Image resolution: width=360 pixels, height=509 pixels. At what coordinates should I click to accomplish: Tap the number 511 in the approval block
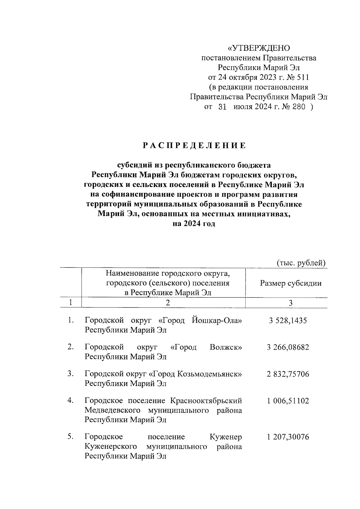click(302, 77)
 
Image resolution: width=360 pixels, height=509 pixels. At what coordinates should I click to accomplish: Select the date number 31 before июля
click(222, 107)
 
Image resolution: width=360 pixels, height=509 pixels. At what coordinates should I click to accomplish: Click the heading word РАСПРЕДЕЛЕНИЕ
click(194, 146)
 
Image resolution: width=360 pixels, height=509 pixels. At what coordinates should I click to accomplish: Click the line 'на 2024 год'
click(194, 224)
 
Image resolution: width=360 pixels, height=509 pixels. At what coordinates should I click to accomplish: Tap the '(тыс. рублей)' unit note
click(301, 263)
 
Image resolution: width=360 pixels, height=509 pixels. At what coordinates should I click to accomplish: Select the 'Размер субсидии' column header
click(291, 283)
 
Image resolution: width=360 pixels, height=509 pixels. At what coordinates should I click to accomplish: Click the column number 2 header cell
click(168, 303)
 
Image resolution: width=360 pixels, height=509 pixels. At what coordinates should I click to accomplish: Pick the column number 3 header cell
click(290, 303)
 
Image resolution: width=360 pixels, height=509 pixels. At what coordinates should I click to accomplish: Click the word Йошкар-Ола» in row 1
click(216, 321)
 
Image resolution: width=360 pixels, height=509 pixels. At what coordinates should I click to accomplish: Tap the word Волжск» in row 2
click(226, 347)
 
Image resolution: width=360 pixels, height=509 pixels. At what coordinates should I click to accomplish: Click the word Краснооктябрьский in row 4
click(206, 401)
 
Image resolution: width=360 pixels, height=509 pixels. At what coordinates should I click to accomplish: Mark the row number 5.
click(70, 437)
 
